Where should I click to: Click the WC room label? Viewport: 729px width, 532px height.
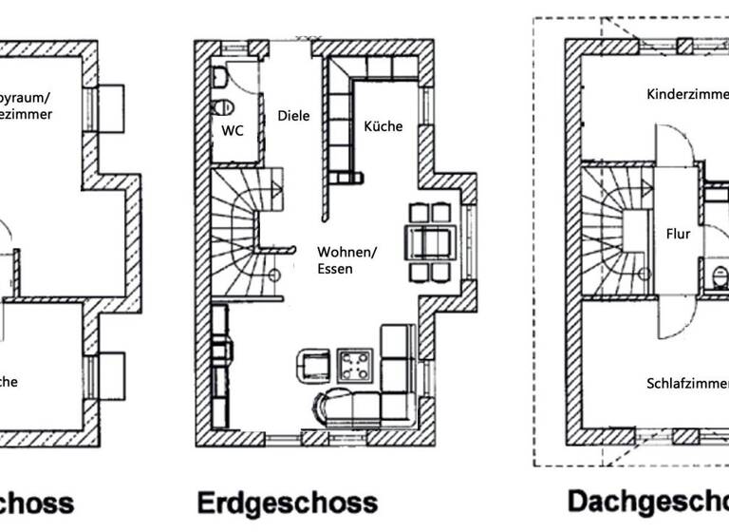pyautogui.click(x=233, y=131)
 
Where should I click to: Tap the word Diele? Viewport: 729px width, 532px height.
pyautogui.click(x=293, y=116)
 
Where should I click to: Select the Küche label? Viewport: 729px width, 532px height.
pyautogui.click(x=383, y=126)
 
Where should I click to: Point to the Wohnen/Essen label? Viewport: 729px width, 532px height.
pyautogui.click(x=346, y=260)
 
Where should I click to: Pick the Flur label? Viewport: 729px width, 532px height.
pyautogui.click(x=679, y=234)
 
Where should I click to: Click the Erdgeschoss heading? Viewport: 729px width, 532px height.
pyautogui.click(x=287, y=502)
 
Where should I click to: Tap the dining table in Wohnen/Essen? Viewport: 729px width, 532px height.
pyautogui.click(x=430, y=242)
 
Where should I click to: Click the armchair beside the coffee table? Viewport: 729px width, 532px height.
pyautogui.click(x=314, y=365)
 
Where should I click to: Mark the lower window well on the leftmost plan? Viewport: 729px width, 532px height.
pyautogui.click(x=111, y=375)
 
